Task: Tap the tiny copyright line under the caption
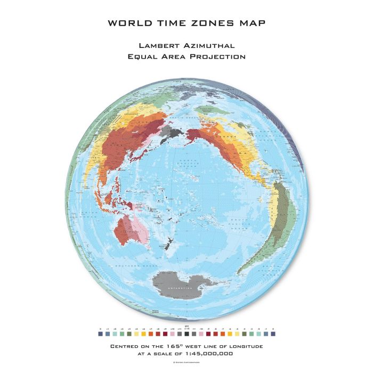click(x=186, y=362)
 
